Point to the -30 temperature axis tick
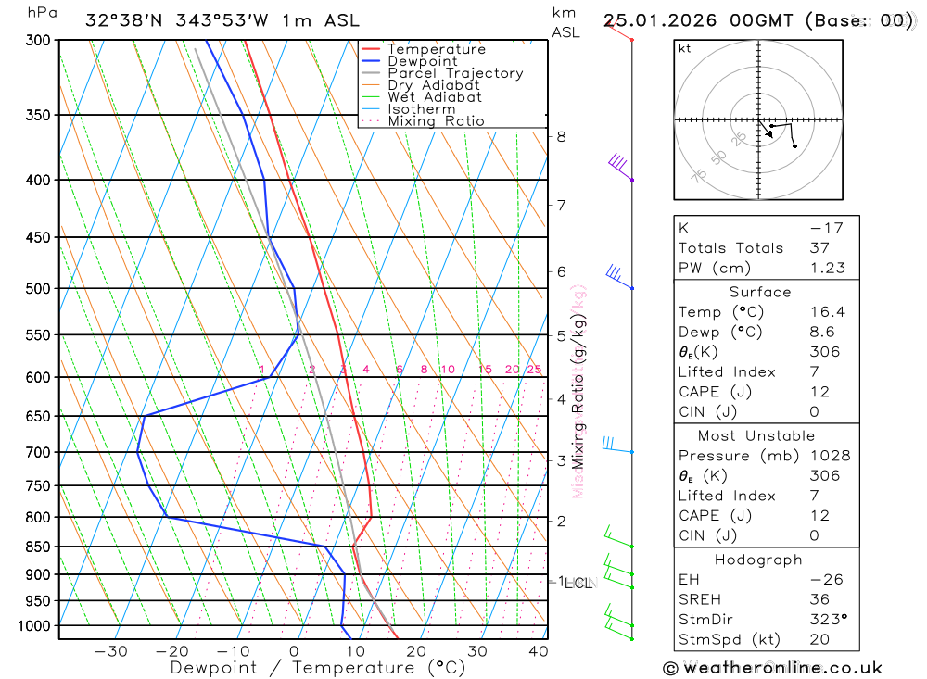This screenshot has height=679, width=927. (111, 651)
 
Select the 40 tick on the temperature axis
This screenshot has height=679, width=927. (539, 651)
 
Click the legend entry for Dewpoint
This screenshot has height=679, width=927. (422, 61)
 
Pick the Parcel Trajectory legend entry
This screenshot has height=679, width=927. (454, 73)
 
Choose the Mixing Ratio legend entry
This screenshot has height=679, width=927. (436, 120)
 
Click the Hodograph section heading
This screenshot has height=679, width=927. (759, 560)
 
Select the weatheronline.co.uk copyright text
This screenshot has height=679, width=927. (772, 668)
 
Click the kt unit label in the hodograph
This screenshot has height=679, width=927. (685, 49)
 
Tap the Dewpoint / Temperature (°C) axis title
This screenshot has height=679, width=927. (317, 667)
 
